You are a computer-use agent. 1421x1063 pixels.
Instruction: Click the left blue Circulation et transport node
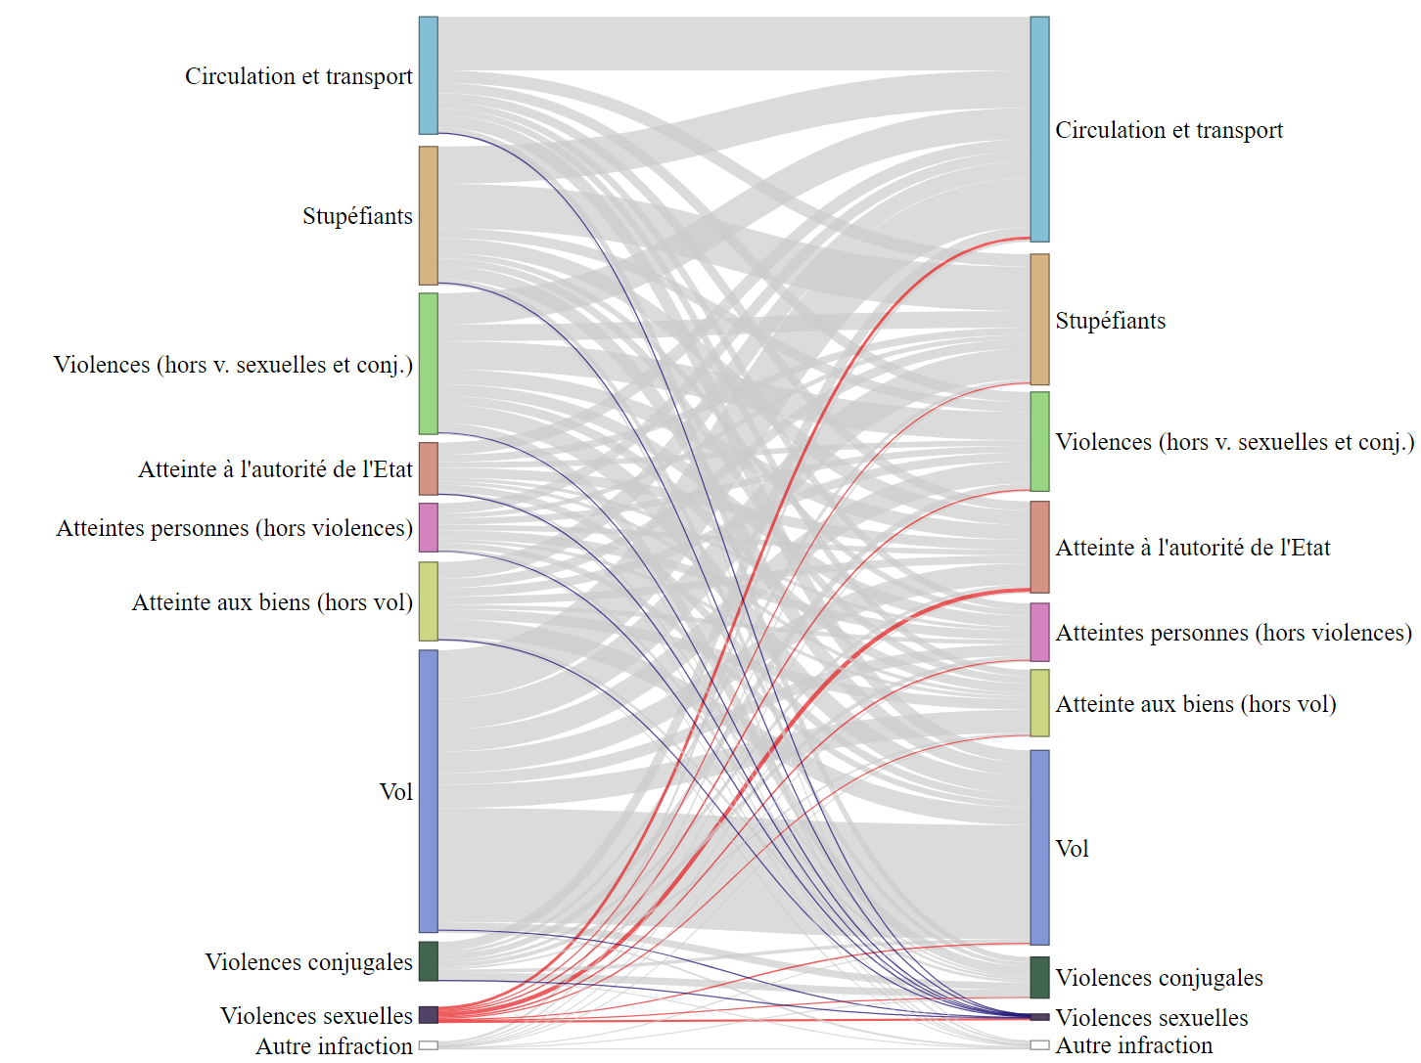tap(428, 75)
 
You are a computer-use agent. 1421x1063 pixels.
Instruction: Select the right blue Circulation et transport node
tap(1039, 129)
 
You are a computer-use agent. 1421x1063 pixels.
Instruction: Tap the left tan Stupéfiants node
tap(428, 215)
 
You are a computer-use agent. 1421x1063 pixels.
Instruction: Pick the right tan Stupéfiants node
tap(1039, 319)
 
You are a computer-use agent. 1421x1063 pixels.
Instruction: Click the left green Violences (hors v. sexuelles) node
tap(428, 363)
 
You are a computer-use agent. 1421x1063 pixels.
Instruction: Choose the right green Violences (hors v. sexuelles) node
tap(1039, 441)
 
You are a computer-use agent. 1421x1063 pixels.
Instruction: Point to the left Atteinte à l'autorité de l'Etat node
tap(428, 468)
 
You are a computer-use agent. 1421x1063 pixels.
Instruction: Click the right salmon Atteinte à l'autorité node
tap(1039, 547)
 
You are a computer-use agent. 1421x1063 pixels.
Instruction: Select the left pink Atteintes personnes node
tap(428, 527)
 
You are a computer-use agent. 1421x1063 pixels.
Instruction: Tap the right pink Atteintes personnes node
tap(1039, 632)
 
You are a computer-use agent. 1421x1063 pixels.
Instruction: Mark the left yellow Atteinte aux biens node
tap(428, 600)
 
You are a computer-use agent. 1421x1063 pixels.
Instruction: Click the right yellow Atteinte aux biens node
tap(1039, 702)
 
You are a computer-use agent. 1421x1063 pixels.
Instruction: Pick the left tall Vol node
tap(428, 790)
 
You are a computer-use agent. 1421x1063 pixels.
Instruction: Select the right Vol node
tap(1039, 847)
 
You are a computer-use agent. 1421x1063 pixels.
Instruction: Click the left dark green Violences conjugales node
tap(428, 960)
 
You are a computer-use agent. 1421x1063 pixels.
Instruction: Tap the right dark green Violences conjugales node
tap(1039, 977)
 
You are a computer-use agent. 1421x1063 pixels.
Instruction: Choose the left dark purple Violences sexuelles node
tap(428, 1014)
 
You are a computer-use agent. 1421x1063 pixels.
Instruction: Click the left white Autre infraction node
tap(428, 1045)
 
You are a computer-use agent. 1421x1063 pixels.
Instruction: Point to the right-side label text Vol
tap(1072, 849)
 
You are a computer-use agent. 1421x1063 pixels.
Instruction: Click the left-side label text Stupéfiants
tap(357, 216)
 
